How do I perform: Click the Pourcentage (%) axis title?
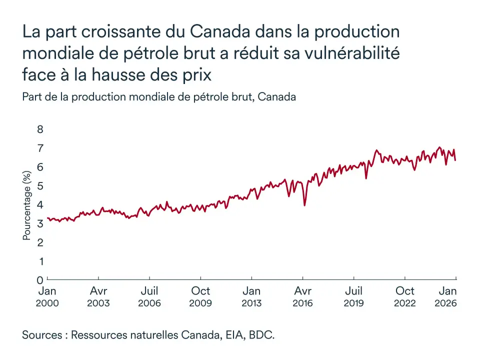click(27, 204)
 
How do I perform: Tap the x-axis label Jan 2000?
click(47, 296)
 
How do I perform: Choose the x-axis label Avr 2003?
click(98, 296)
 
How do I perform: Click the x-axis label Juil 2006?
click(149, 296)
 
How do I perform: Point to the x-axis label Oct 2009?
click(200, 296)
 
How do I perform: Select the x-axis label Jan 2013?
click(251, 296)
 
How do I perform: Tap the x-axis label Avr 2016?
click(303, 296)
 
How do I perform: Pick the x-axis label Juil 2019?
click(354, 296)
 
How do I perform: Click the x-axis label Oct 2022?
click(405, 296)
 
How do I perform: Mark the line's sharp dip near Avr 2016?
click(304, 204)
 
